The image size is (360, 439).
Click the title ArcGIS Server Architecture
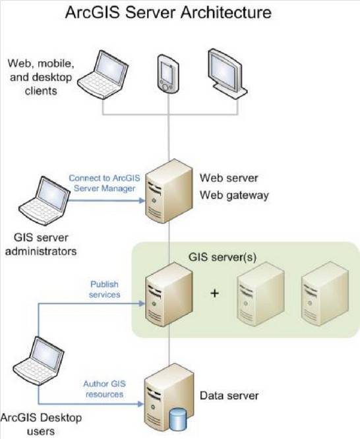pos(168,13)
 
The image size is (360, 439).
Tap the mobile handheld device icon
pos(168,73)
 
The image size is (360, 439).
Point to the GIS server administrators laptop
pos(44,200)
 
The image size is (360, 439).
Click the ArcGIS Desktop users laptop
pos(39,361)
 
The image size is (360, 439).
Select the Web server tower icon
pos(169,191)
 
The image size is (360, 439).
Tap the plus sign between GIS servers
pos(214,293)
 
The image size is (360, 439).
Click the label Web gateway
pos(234,195)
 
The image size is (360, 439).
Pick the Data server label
pos(229,395)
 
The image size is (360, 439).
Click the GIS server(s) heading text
pos(222,257)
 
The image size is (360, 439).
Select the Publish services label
pos(104,289)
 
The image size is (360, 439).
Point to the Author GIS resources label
pos(104,389)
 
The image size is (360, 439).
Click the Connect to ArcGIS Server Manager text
pos(104,183)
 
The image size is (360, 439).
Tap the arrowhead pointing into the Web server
pos(142,200)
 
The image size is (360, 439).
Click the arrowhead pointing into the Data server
pos(140,403)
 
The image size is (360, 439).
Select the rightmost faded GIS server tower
pos(325,294)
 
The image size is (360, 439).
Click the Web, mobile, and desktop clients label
pos(41,77)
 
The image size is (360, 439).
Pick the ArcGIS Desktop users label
pos(41,424)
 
